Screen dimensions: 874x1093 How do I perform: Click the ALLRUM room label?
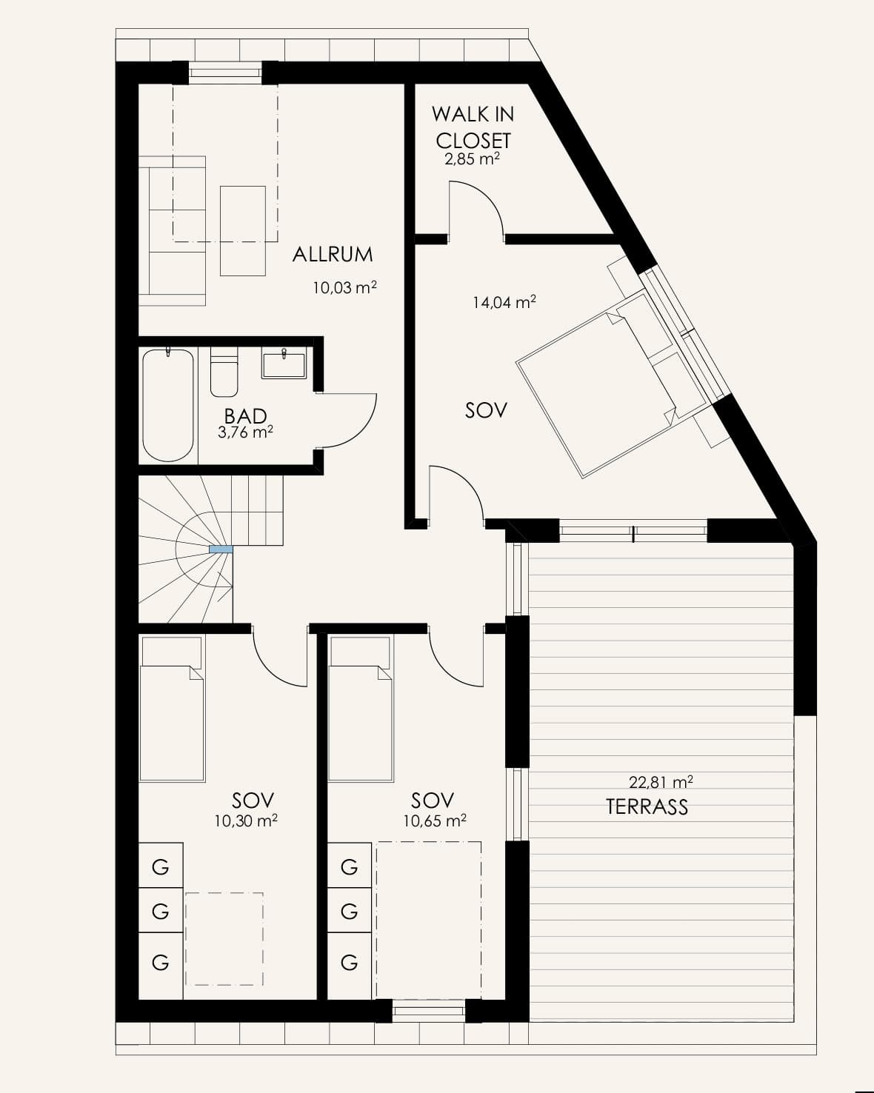[x=333, y=254]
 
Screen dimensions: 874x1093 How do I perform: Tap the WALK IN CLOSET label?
[x=473, y=127]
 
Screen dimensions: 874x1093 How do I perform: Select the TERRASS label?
[x=647, y=806]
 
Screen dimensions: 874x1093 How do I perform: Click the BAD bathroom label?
[x=245, y=416]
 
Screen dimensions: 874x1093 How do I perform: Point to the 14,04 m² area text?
[x=504, y=303]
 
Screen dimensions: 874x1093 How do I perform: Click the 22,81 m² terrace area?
[x=661, y=782]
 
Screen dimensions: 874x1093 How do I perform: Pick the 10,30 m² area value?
[x=246, y=820]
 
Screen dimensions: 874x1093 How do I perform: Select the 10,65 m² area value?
[x=435, y=820]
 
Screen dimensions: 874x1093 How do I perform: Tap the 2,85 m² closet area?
[x=472, y=159]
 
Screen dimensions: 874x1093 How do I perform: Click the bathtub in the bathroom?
[x=168, y=405]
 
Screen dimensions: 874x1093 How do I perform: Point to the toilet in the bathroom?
[x=224, y=371]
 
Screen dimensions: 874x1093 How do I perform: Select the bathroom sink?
[x=284, y=363]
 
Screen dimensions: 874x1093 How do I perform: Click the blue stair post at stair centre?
[x=221, y=549]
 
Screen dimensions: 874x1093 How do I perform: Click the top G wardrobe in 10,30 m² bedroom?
[x=161, y=867]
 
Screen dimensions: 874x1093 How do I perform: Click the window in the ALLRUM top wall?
[x=225, y=73]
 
